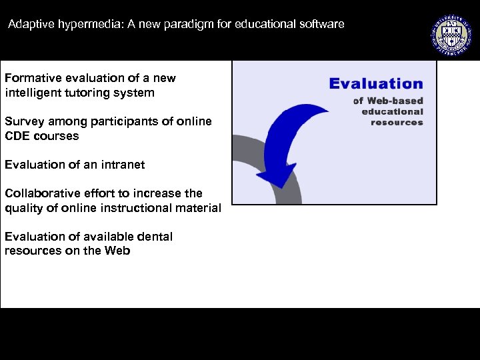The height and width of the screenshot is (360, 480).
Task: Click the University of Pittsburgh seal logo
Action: pyautogui.click(x=450, y=33)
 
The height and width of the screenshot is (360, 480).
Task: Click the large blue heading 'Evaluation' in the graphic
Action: pyautogui.click(x=376, y=84)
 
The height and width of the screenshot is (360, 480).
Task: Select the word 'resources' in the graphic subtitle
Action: pyautogui.click(x=397, y=122)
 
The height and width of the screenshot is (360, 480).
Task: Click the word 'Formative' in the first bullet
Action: pyautogui.click(x=31, y=78)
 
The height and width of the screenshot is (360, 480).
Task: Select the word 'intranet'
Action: pyautogui.click(x=122, y=165)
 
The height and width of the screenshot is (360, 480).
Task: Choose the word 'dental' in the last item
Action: pyautogui.click(x=154, y=237)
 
